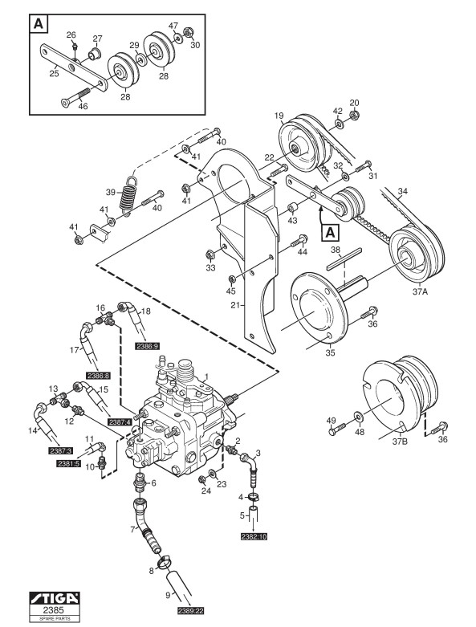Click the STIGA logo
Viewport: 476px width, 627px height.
click(55, 598)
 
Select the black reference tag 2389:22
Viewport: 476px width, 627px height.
click(190, 611)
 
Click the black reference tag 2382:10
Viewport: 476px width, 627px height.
click(254, 536)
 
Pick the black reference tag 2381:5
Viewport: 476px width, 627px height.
click(68, 463)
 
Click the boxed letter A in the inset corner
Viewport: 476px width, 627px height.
click(39, 24)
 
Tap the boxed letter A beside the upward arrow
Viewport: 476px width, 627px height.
click(330, 232)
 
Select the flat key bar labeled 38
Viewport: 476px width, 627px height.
click(344, 259)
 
